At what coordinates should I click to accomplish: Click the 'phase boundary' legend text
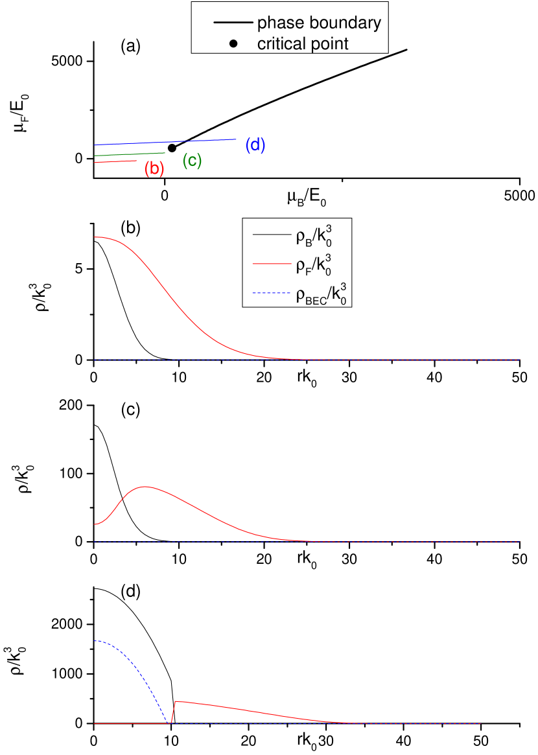[319, 23]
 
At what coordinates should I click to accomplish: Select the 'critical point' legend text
[303, 43]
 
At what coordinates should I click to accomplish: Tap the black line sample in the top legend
[232, 23]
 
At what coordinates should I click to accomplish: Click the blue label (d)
[255, 146]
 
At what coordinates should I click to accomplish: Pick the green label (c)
[192, 161]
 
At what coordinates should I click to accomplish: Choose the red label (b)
[154, 169]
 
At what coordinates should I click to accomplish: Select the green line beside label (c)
[130, 154]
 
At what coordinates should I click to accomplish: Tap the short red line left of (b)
[115, 161]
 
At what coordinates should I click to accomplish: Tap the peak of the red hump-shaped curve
[144, 486]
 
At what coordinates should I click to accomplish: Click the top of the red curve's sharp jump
[176, 701]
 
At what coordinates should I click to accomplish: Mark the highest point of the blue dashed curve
[95, 641]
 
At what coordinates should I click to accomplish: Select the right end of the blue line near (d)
[237, 139]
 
